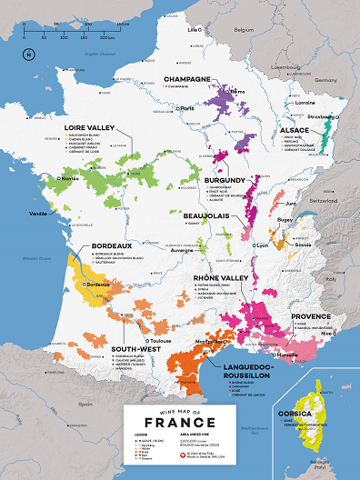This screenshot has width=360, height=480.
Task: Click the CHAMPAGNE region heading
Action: click(x=186, y=80)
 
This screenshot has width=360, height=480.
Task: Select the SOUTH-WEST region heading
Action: click(x=131, y=346)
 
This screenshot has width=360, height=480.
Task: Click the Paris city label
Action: click(x=188, y=108)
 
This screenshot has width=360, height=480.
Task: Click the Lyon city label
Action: click(x=263, y=245)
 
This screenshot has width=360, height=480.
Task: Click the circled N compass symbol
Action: click(x=28, y=55)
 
